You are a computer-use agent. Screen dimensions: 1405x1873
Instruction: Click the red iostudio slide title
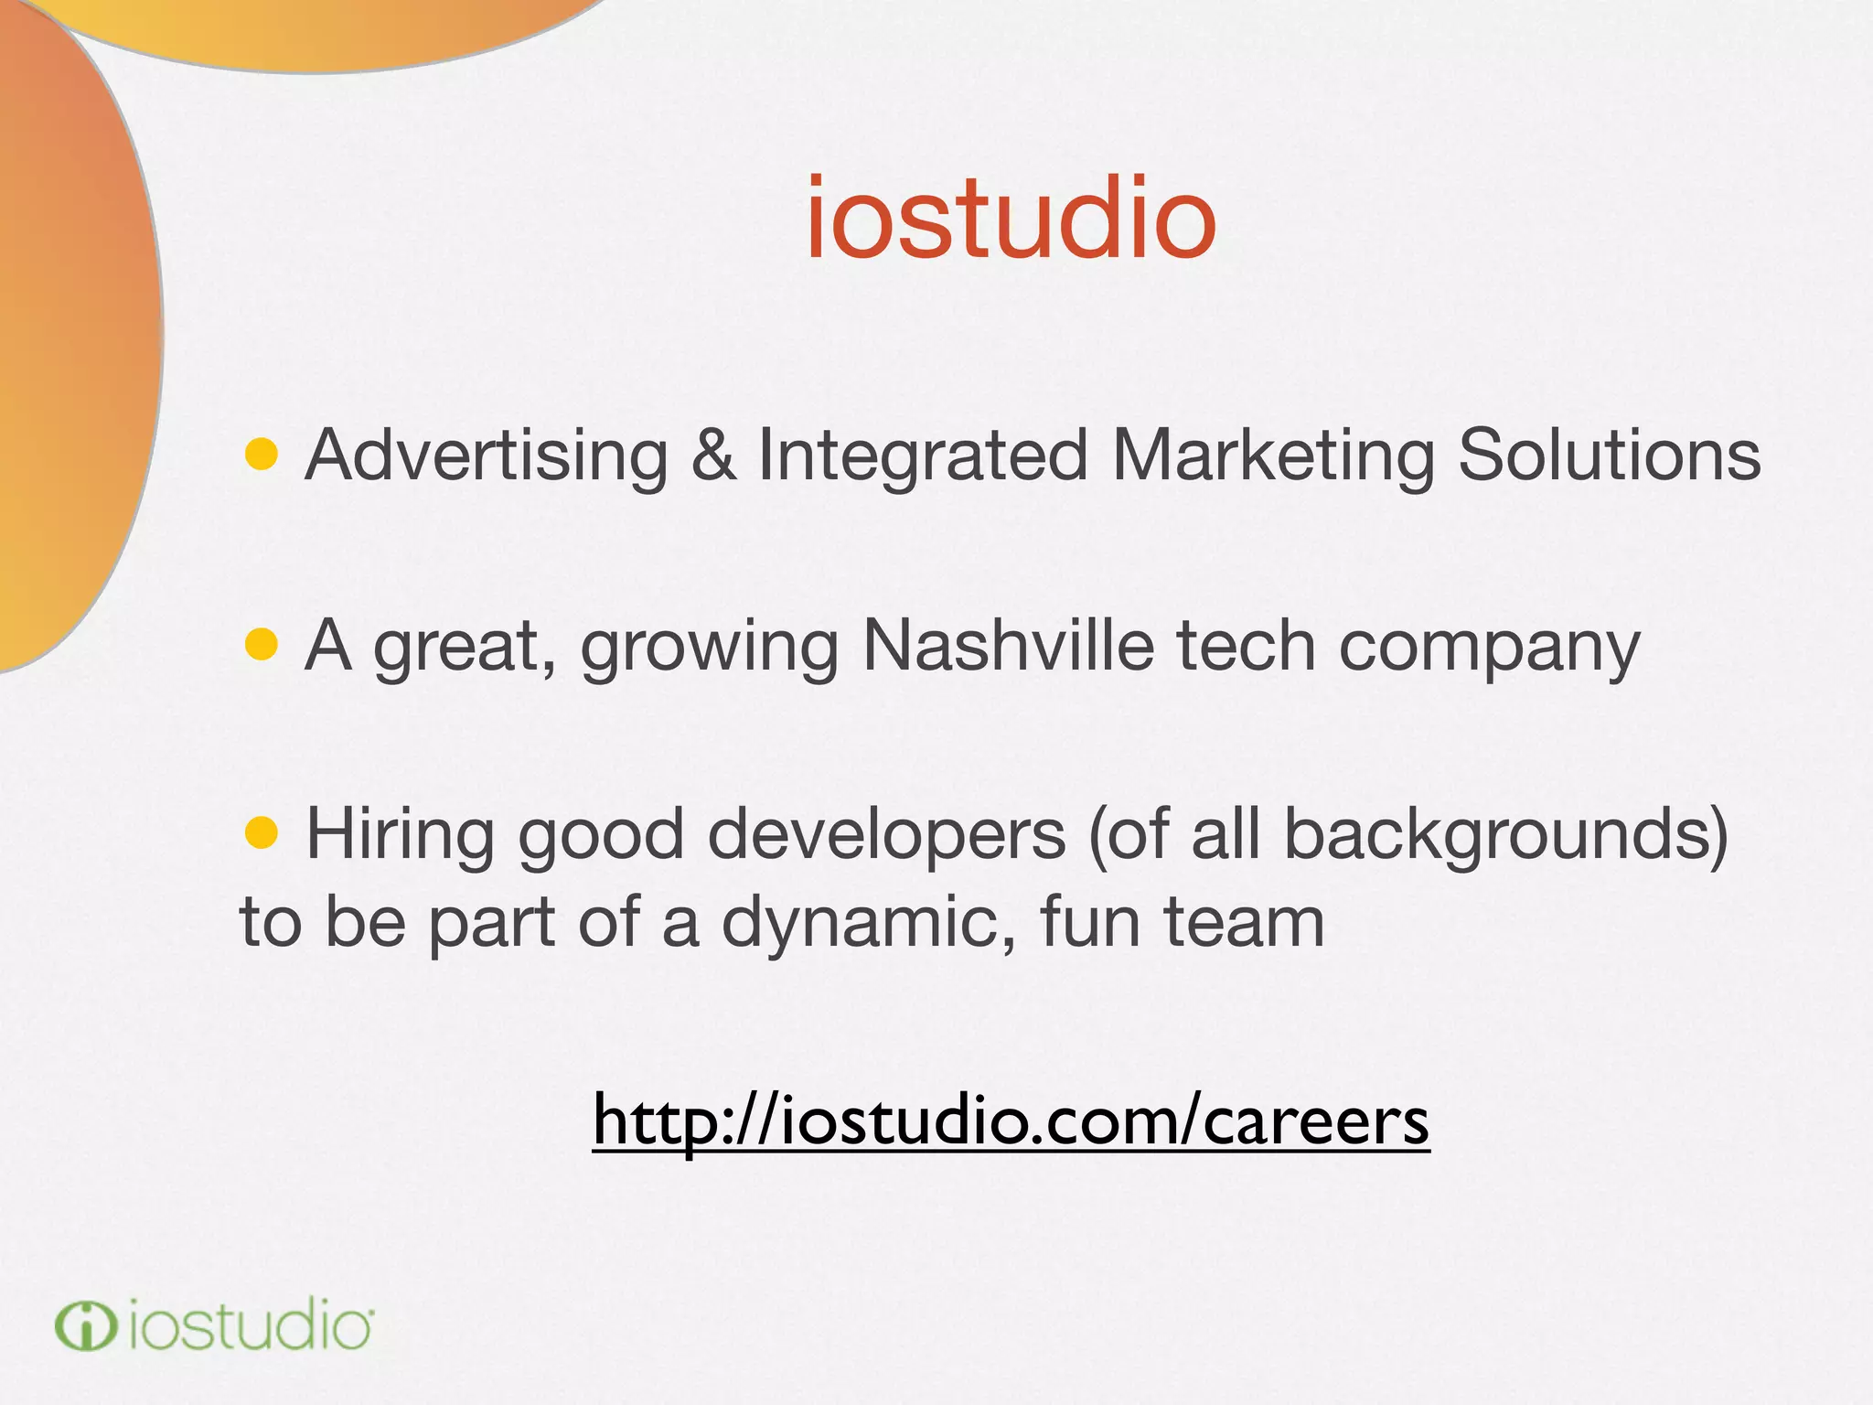1011,220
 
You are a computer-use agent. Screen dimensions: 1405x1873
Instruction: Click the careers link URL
1011,1121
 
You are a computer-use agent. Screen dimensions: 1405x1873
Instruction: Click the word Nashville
1009,646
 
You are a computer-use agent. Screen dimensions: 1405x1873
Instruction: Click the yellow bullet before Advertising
262,455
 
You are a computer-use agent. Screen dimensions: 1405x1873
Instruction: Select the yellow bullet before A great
262,644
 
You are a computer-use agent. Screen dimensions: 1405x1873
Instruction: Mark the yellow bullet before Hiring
262,832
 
